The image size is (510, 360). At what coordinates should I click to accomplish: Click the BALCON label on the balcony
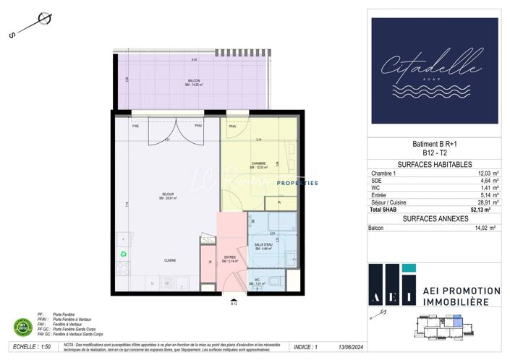pyautogui.click(x=194, y=80)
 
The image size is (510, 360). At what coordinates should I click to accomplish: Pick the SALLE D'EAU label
pyautogui.click(x=263, y=245)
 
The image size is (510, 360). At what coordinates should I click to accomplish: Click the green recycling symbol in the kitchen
pyautogui.click(x=123, y=253)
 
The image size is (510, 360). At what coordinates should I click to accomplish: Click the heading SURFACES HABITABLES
pyautogui.click(x=435, y=164)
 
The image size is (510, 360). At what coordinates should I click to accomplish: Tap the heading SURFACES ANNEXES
pyautogui.click(x=435, y=219)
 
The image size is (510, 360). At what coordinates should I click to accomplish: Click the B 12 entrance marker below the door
pyautogui.click(x=234, y=304)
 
